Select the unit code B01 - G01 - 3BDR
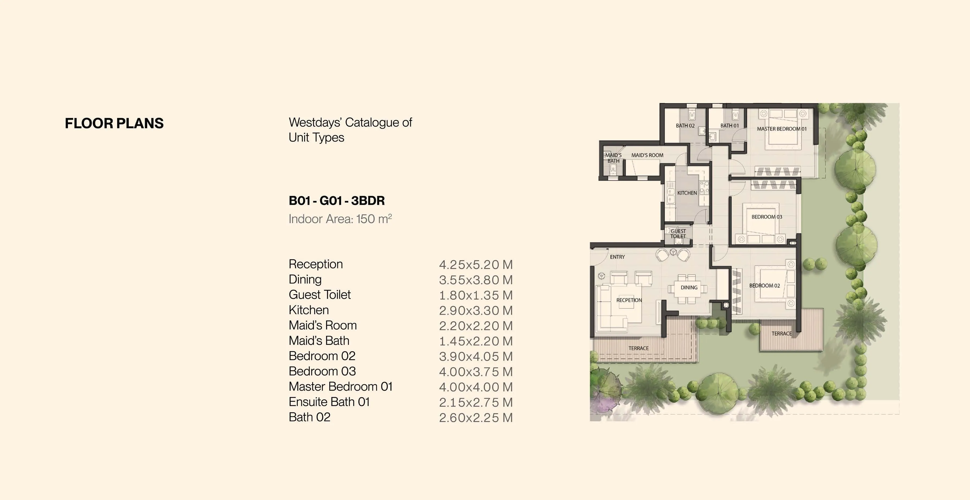pyautogui.click(x=337, y=201)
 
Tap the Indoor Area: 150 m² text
pyautogui.click(x=340, y=219)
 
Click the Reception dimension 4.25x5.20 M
pyautogui.click(x=476, y=265)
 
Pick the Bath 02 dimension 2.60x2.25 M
pyautogui.click(x=476, y=418)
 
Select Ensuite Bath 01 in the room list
pyautogui.click(x=329, y=402)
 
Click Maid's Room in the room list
pyautogui.click(x=322, y=325)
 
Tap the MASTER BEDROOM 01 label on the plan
pyautogui.click(x=782, y=129)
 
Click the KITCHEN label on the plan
pyautogui.click(x=687, y=193)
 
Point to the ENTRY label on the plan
pyautogui.click(x=617, y=257)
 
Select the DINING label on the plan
pyautogui.click(x=689, y=288)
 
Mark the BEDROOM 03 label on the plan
pyautogui.click(x=767, y=217)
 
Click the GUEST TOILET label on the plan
pyautogui.click(x=678, y=234)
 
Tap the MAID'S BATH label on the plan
pyautogui.click(x=613, y=158)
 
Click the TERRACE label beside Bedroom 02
pyautogui.click(x=781, y=333)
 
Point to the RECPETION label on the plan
pyautogui.click(x=629, y=300)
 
